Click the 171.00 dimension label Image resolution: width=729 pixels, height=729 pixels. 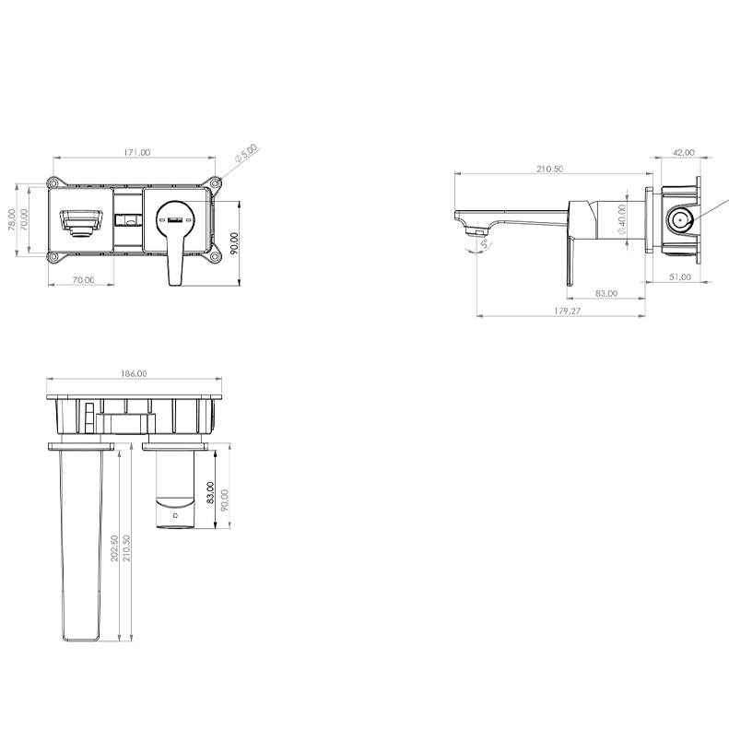point(136,152)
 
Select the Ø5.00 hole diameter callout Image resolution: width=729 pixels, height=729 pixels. point(246,153)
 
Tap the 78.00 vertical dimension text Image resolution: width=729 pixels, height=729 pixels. point(12,219)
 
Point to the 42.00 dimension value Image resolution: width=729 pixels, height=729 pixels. point(684,152)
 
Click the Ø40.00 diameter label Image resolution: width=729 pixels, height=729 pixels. point(621,219)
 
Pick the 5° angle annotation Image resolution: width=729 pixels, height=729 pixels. point(485,244)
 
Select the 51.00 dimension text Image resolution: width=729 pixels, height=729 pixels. point(680,277)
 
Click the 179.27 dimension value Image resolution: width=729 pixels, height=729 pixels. point(567,311)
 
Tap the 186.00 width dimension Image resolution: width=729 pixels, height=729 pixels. point(134,373)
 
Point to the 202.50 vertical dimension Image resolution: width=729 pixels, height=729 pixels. point(114,548)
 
